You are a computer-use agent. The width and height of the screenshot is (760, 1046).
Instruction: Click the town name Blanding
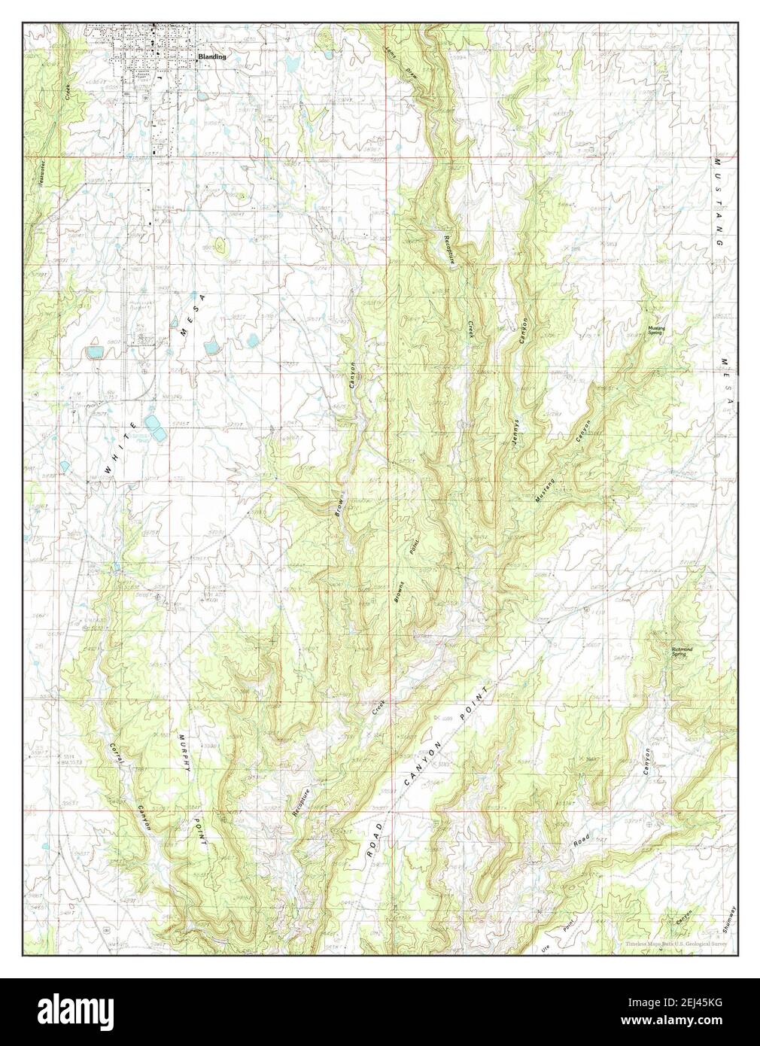[211, 56]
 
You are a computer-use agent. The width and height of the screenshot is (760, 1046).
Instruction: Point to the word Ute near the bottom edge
[546, 923]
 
